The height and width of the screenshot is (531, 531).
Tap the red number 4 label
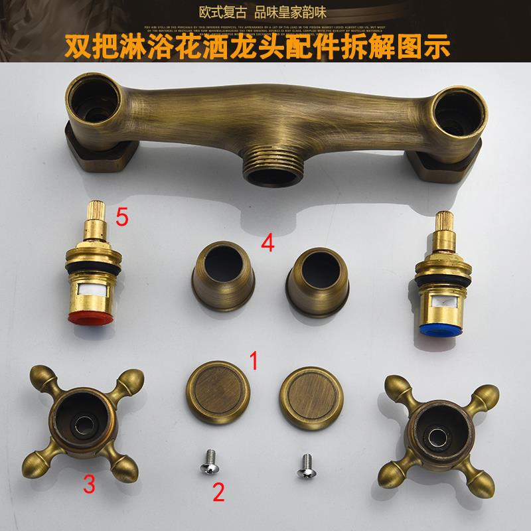(268, 242)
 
